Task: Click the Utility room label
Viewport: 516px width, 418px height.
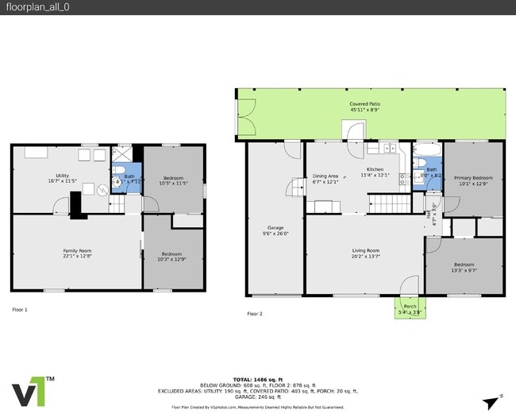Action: [x=62, y=178]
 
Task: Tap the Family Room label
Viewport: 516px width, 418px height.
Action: [x=78, y=254]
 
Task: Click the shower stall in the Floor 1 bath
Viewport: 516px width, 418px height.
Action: [x=123, y=153]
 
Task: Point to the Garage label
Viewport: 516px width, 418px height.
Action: [x=275, y=230]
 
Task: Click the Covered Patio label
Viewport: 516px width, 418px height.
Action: [x=364, y=107]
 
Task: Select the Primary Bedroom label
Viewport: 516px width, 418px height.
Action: [x=472, y=181]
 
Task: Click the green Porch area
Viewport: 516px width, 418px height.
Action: [x=410, y=308]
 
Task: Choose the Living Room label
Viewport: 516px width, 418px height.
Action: [x=366, y=254]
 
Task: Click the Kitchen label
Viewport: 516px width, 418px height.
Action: [x=375, y=172]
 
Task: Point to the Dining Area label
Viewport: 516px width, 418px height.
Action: [x=325, y=179]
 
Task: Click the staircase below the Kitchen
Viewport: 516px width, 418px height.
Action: [x=390, y=205]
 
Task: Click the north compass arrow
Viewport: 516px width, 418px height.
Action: [x=499, y=400]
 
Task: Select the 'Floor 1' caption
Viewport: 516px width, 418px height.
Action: [x=20, y=309]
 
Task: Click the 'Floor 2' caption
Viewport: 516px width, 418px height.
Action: [x=254, y=314]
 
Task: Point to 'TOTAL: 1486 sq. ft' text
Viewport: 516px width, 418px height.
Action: [x=258, y=380]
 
